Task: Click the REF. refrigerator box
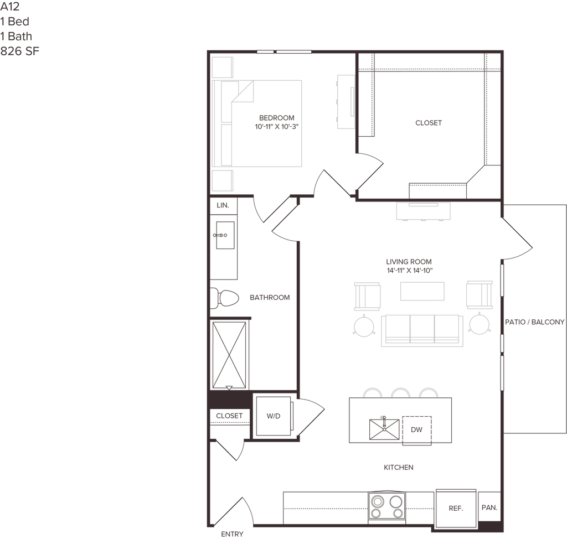455,507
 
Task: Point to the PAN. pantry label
489,507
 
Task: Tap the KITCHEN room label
399,468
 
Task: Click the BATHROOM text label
270,298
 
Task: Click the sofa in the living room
422,330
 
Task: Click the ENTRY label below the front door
233,534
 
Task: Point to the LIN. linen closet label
223,205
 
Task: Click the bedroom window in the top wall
284,52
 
